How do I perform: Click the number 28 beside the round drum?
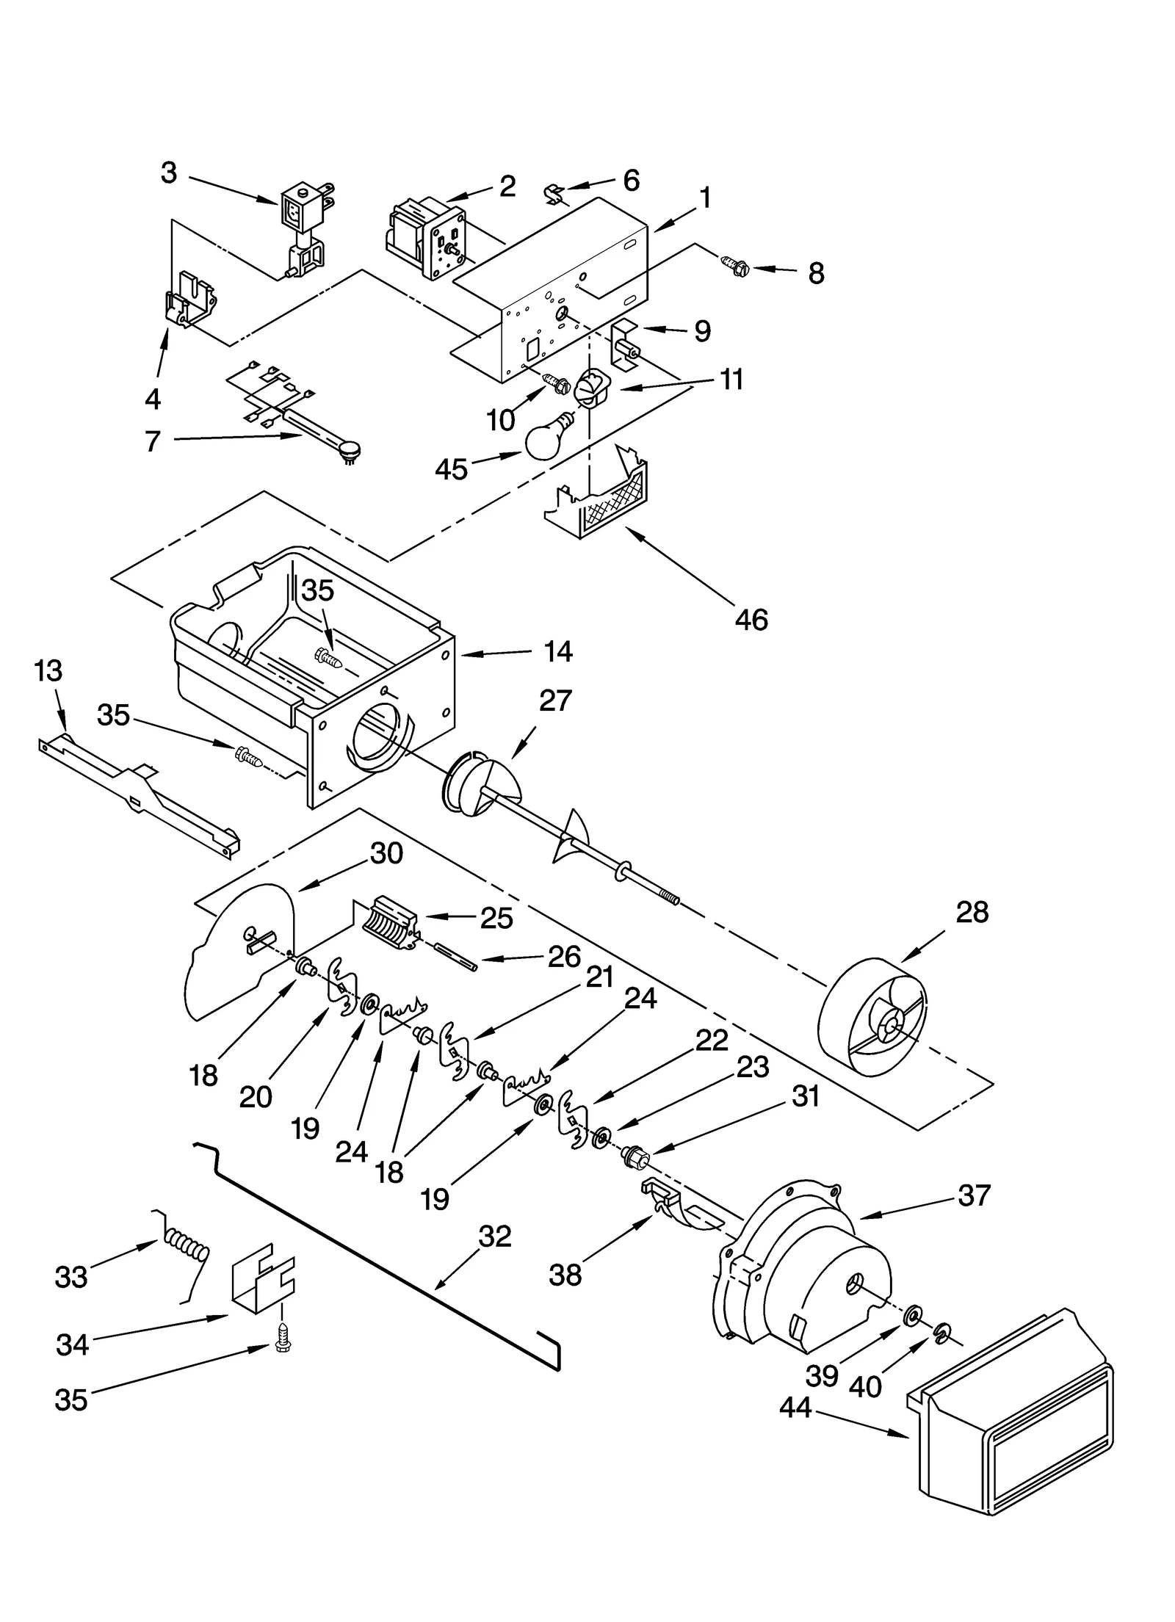972,912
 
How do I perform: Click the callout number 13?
48,670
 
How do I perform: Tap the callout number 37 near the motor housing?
974,1195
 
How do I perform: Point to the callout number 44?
795,1408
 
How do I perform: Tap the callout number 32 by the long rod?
494,1237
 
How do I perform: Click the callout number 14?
558,651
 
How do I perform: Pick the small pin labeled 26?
455,956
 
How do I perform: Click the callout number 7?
152,441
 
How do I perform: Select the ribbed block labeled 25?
390,923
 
